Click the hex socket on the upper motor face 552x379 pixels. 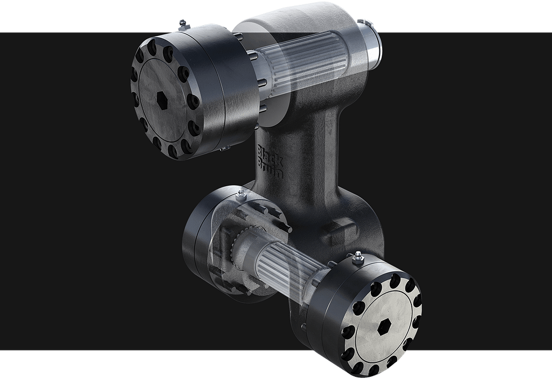coord(162,100)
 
